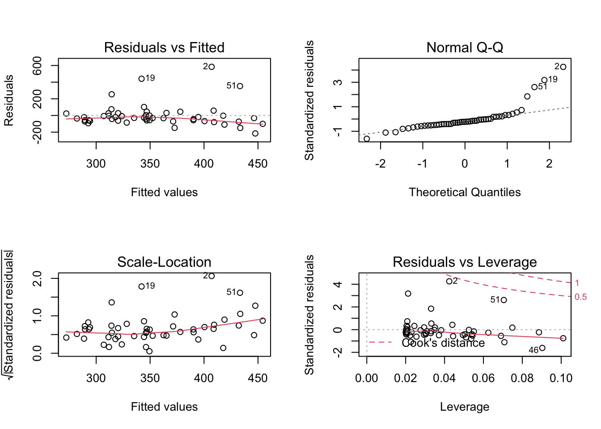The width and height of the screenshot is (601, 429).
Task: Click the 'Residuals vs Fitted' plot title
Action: click(164, 47)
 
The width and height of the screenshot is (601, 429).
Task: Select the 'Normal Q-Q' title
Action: click(465, 47)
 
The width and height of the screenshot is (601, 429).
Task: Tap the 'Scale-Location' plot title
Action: click(164, 262)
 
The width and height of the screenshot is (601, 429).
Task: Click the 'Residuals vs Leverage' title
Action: click(465, 262)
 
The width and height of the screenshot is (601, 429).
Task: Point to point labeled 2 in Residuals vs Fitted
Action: click(212, 67)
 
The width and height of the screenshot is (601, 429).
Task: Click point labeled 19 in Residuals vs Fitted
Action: click(141, 79)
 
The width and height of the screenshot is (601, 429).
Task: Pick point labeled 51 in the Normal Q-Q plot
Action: click(534, 87)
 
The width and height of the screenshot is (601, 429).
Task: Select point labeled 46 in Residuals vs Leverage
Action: click(542, 348)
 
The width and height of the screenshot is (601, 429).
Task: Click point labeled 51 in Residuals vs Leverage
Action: click(504, 300)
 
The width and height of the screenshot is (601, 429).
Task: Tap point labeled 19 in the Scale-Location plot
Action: click(141, 286)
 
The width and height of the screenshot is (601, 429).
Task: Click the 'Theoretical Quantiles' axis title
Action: click(465, 192)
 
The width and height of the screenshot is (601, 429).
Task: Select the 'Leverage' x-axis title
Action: click(465, 407)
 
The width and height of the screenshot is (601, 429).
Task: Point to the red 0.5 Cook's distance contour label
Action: click(580, 297)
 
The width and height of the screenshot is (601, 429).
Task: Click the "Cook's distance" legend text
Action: click(443, 343)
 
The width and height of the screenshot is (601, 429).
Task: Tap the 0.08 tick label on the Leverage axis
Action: click(522, 378)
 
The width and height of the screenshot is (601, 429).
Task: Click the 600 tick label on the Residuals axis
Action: click(38, 66)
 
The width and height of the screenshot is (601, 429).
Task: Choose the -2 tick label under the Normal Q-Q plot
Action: click(380, 164)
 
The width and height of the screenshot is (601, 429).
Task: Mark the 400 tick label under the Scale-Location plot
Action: click(204, 378)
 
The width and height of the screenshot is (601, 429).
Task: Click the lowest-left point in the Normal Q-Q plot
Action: click(367, 139)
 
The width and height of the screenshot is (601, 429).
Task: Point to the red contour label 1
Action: click(577, 283)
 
